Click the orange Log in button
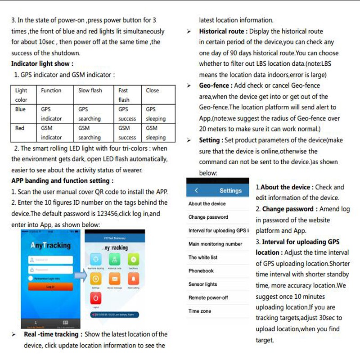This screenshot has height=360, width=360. pos(50,286)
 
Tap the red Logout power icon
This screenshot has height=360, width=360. pos(96,298)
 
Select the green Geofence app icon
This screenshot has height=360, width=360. pos(133,260)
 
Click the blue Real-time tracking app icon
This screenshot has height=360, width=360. pos(96,260)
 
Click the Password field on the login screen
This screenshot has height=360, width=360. pos(50,270)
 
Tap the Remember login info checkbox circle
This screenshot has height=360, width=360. pos(31,278)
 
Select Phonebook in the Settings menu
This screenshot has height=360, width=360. pos(201,271)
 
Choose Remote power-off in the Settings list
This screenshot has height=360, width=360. pos(208,298)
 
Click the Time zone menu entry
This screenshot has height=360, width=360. pos(199,311)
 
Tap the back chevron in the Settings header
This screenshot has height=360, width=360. pos(196,190)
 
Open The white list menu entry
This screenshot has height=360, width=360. pos(203,257)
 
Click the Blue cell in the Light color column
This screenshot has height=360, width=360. pos(21,109)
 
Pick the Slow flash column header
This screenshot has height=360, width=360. pos(90,90)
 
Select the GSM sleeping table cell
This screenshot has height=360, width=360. pos(156,133)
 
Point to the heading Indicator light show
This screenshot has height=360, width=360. pos(42,64)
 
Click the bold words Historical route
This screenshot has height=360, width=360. pos(223,31)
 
